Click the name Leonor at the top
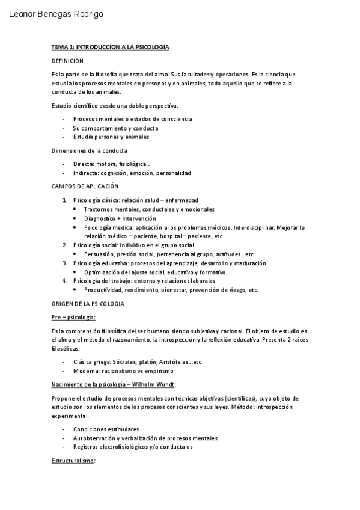coord(23,14)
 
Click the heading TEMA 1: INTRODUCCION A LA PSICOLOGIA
coord(110,46)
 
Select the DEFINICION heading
coord(67,61)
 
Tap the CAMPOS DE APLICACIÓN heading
coord(85,186)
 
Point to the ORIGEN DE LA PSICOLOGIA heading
coord(88,304)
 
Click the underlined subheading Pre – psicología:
coord(73,317)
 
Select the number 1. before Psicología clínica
coord(65,200)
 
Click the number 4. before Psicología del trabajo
coord(65,281)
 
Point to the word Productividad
coord(103,290)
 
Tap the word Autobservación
coord(94,438)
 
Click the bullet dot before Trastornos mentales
coord(75,209)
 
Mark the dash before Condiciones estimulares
coord(64,429)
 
